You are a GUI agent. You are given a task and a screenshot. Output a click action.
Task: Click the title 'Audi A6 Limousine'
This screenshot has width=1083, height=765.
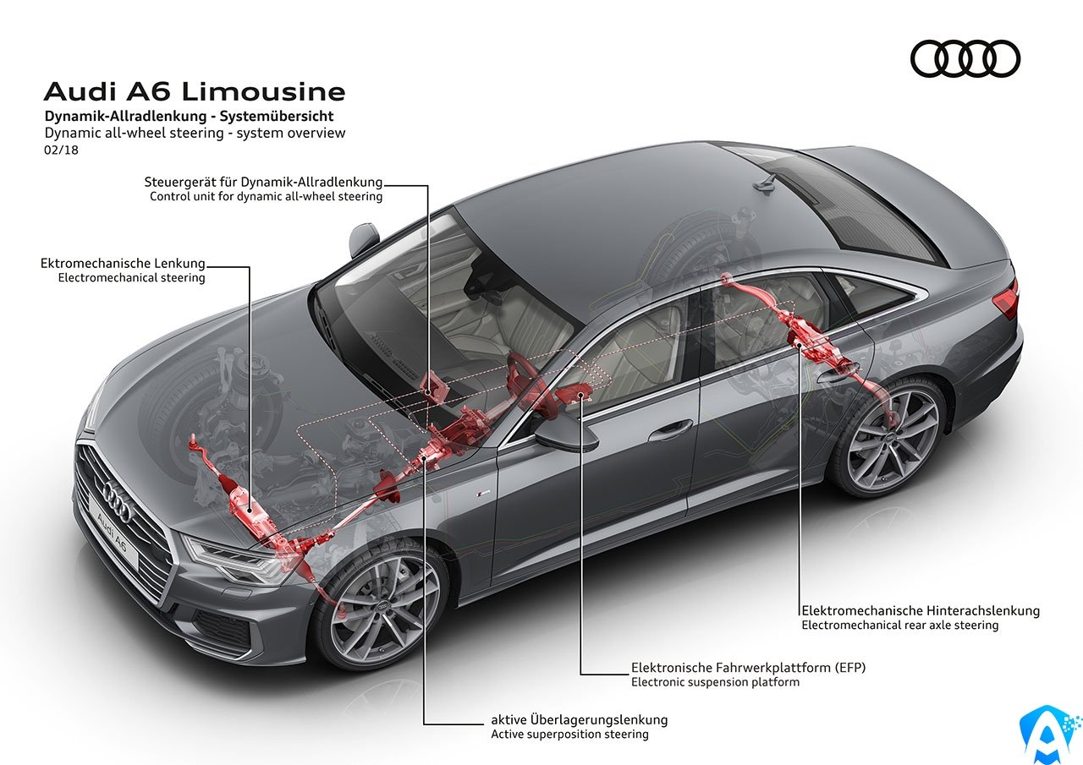[x=195, y=92]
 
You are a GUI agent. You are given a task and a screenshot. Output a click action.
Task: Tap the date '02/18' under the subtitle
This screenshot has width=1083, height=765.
[x=61, y=150]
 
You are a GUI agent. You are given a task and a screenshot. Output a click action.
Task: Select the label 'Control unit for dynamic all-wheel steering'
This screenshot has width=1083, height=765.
[x=266, y=197]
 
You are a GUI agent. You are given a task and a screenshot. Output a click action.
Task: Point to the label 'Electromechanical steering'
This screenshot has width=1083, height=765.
[x=131, y=278]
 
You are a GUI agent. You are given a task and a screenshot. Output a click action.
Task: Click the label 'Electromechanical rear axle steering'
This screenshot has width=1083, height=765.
[x=899, y=625]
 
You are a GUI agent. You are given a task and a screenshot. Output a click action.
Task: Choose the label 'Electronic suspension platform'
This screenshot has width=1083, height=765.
[x=715, y=682]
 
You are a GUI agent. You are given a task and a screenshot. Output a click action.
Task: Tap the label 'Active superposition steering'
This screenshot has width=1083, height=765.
[x=569, y=734]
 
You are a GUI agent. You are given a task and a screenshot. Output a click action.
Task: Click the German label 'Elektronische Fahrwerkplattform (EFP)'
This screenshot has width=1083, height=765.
[x=748, y=668]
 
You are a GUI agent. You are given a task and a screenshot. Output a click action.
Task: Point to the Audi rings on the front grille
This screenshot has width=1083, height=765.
[x=116, y=499]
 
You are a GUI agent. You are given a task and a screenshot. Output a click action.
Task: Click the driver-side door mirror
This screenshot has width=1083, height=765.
[x=567, y=437]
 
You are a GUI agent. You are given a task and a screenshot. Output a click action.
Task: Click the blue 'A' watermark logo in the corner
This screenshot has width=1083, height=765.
[x=1049, y=734]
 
